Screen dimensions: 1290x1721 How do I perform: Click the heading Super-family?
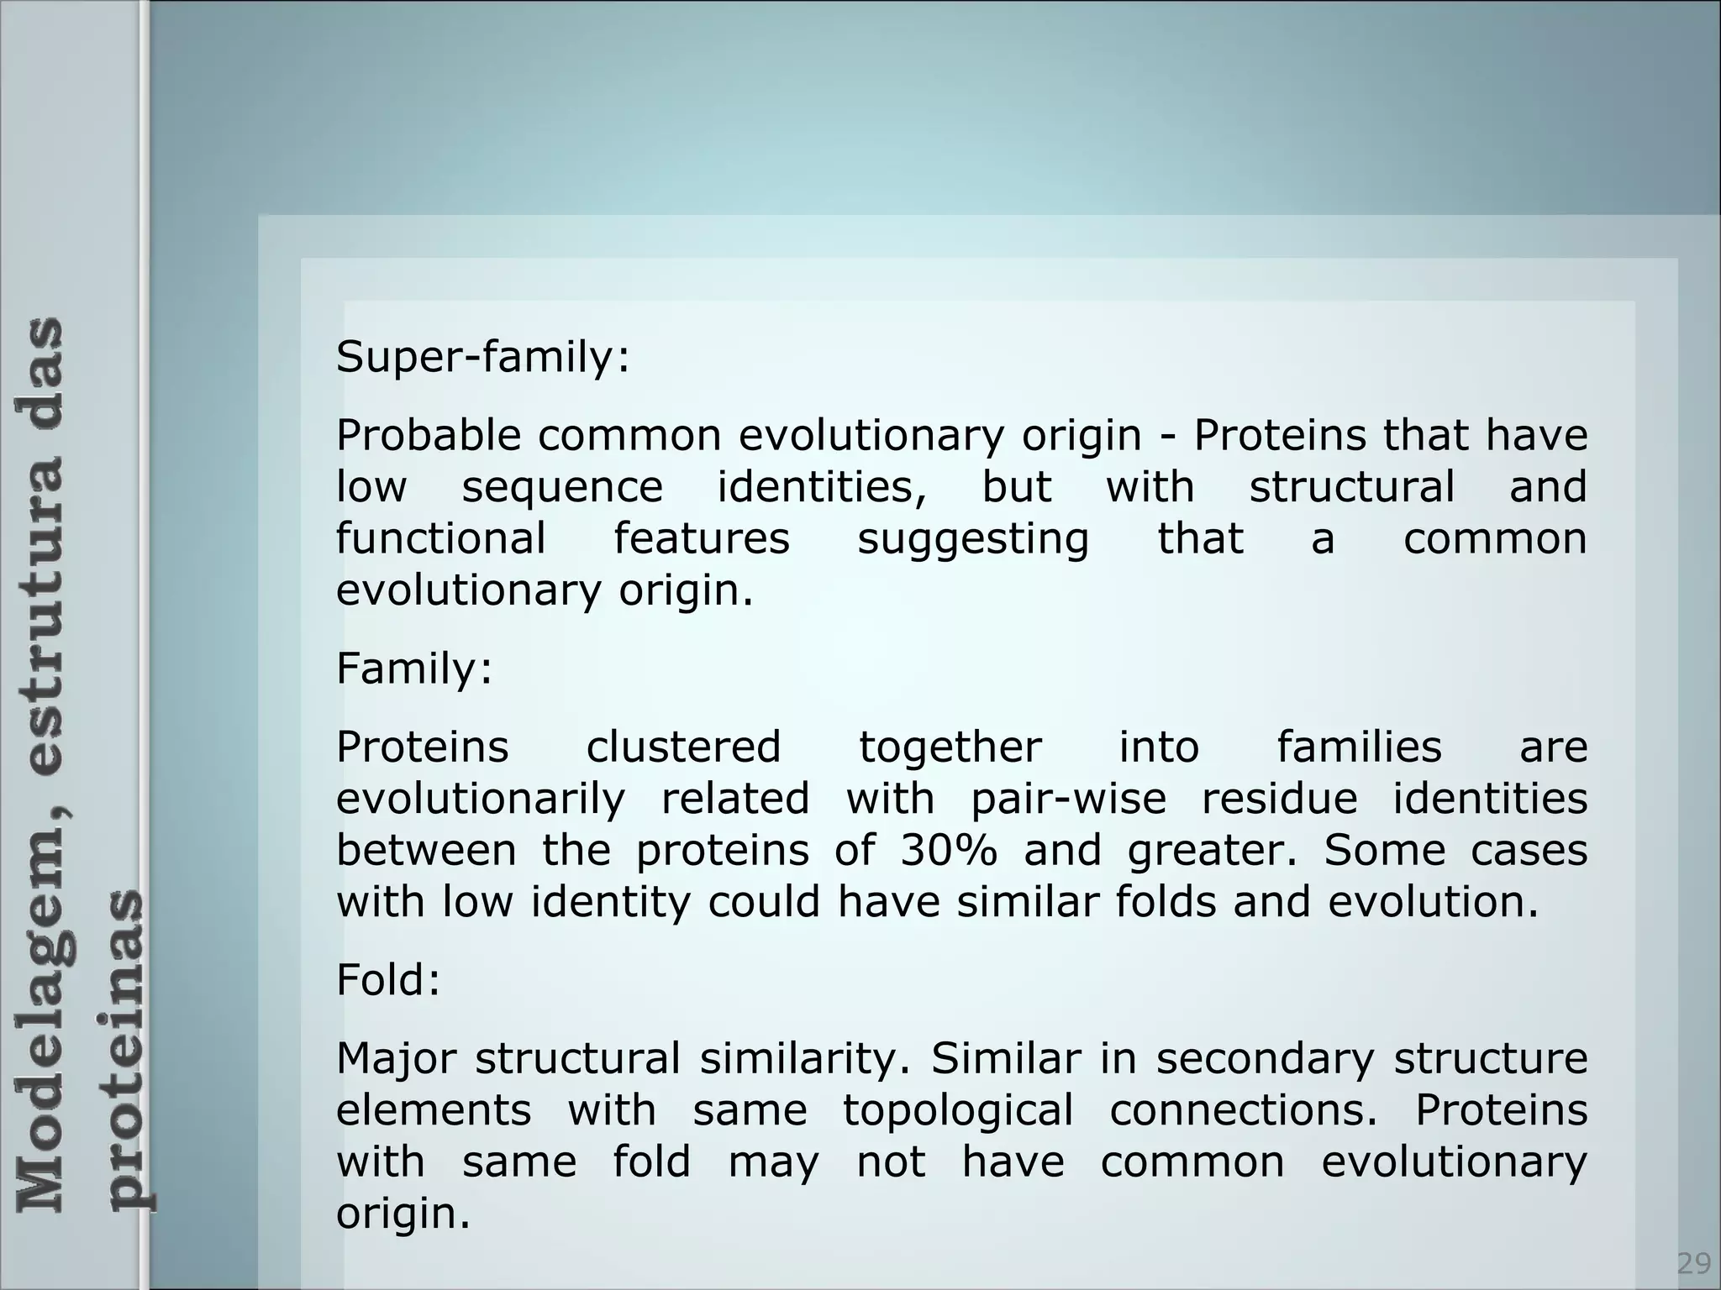(482, 358)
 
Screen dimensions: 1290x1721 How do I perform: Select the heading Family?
(413, 669)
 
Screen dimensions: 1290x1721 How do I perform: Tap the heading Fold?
(388, 980)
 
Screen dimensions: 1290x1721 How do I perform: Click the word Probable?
(428, 436)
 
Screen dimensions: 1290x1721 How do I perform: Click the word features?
(702, 538)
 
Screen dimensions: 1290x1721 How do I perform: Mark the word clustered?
(683, 747)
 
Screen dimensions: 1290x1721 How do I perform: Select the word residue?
(1279, 798)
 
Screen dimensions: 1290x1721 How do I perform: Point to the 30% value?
(949, 850)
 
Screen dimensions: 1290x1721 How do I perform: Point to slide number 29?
(1694, 1263)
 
